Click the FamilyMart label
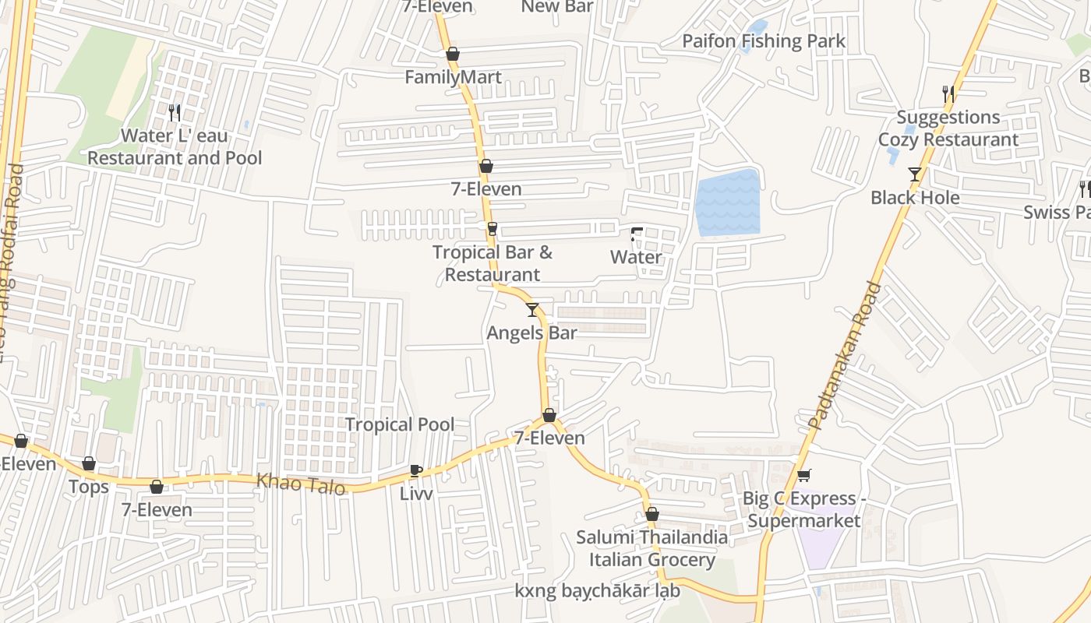[x=453, y=77]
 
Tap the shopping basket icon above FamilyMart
[x=453, y=55]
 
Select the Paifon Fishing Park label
[x=763, y=40]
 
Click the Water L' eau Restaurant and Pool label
[x=175, y=147]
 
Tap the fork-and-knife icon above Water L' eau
[x=175, y=113]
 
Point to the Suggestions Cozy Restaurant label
[x=948, y=128]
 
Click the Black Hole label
[x=914, y=197]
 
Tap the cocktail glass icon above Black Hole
[x=915, y=174]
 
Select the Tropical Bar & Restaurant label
[x=493, y=263]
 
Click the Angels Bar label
[x=531, y=333]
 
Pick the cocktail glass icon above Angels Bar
[x=532, y=310]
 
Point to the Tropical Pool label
[x=399, y=424]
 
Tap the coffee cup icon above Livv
[x=415, y=470]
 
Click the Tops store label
[x=88, y=487]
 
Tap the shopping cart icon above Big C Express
[x=803, y=475]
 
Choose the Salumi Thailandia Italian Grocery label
[x=651, y=548]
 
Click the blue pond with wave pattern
[x=727, y=203]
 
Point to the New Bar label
[x=556, y=7]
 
